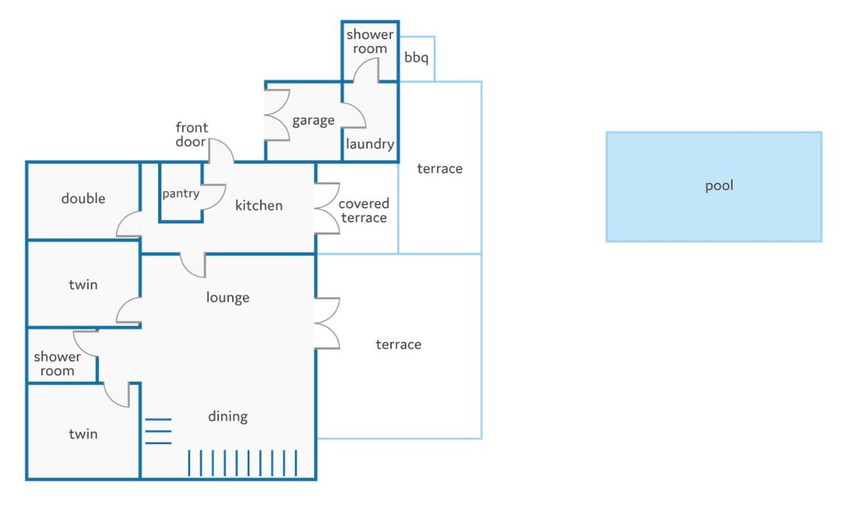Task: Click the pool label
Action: (719, 186)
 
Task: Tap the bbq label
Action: (416, 57)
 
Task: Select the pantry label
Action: (181, 194)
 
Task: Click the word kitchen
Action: (259, 205)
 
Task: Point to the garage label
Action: (313, 121)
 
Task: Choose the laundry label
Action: (370, 144)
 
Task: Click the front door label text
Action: (192, 134)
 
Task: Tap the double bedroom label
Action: (83, 198)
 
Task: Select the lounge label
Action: (228, 297)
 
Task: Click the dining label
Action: (228, 416)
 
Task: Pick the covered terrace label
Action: (363, 210)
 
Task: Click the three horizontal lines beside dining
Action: (158, 431)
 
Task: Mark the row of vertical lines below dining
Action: (242, 463)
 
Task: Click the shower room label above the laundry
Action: (370, 41)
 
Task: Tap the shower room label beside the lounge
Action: (57, 363)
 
